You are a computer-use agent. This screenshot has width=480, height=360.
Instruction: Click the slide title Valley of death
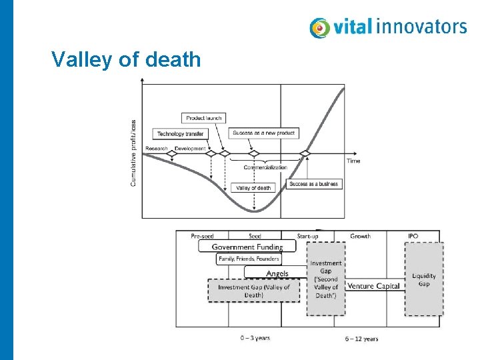pyautogui.click(x=126, y=60)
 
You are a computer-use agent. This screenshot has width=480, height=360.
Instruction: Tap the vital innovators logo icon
pyautogui.click(x=320, y=28)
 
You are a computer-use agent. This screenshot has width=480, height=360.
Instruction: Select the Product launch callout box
pyautogui.click(x=204, y=118)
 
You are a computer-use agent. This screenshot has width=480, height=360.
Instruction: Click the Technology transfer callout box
pyautogui.click(x=180, y=133)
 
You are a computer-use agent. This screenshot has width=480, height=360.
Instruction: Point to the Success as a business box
pyautogui.click(x=314, y=183)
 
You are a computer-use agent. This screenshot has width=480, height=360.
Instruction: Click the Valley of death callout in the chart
pyautogui.click(x=253, y=188)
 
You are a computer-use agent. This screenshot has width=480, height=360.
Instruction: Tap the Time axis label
pyautogui.click(x=353, y=161)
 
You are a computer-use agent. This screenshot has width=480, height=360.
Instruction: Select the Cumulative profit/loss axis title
pyautogui.click(x=133, y=151)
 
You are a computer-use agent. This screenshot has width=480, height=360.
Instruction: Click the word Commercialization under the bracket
pyautogui.click(x=265, y=168)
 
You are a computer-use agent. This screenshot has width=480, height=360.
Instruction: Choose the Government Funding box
pyautogui.click(x=247, y=247)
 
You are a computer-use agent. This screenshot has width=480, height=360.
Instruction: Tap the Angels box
pyautogui.click(x=277, y=273)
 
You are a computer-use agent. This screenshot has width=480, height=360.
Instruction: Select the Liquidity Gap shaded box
pyautogui.click(x=424, y=279)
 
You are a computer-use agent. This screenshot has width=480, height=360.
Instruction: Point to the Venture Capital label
pyautogui.click(x=374, y=286)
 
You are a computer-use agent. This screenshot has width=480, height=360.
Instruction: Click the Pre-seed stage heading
pyautogui.click(x=203, y=236)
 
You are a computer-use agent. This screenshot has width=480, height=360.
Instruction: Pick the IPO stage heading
pyautogui.click(x=413, y=236)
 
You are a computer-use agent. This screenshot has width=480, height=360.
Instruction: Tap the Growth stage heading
pyautogui.click(x=360, y=236)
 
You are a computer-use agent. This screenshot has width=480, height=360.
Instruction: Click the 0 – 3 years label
pyautogui.click(x=255, y=338)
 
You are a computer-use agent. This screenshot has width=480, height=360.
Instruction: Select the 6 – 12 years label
pyautogui.click(x=361, y=339)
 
